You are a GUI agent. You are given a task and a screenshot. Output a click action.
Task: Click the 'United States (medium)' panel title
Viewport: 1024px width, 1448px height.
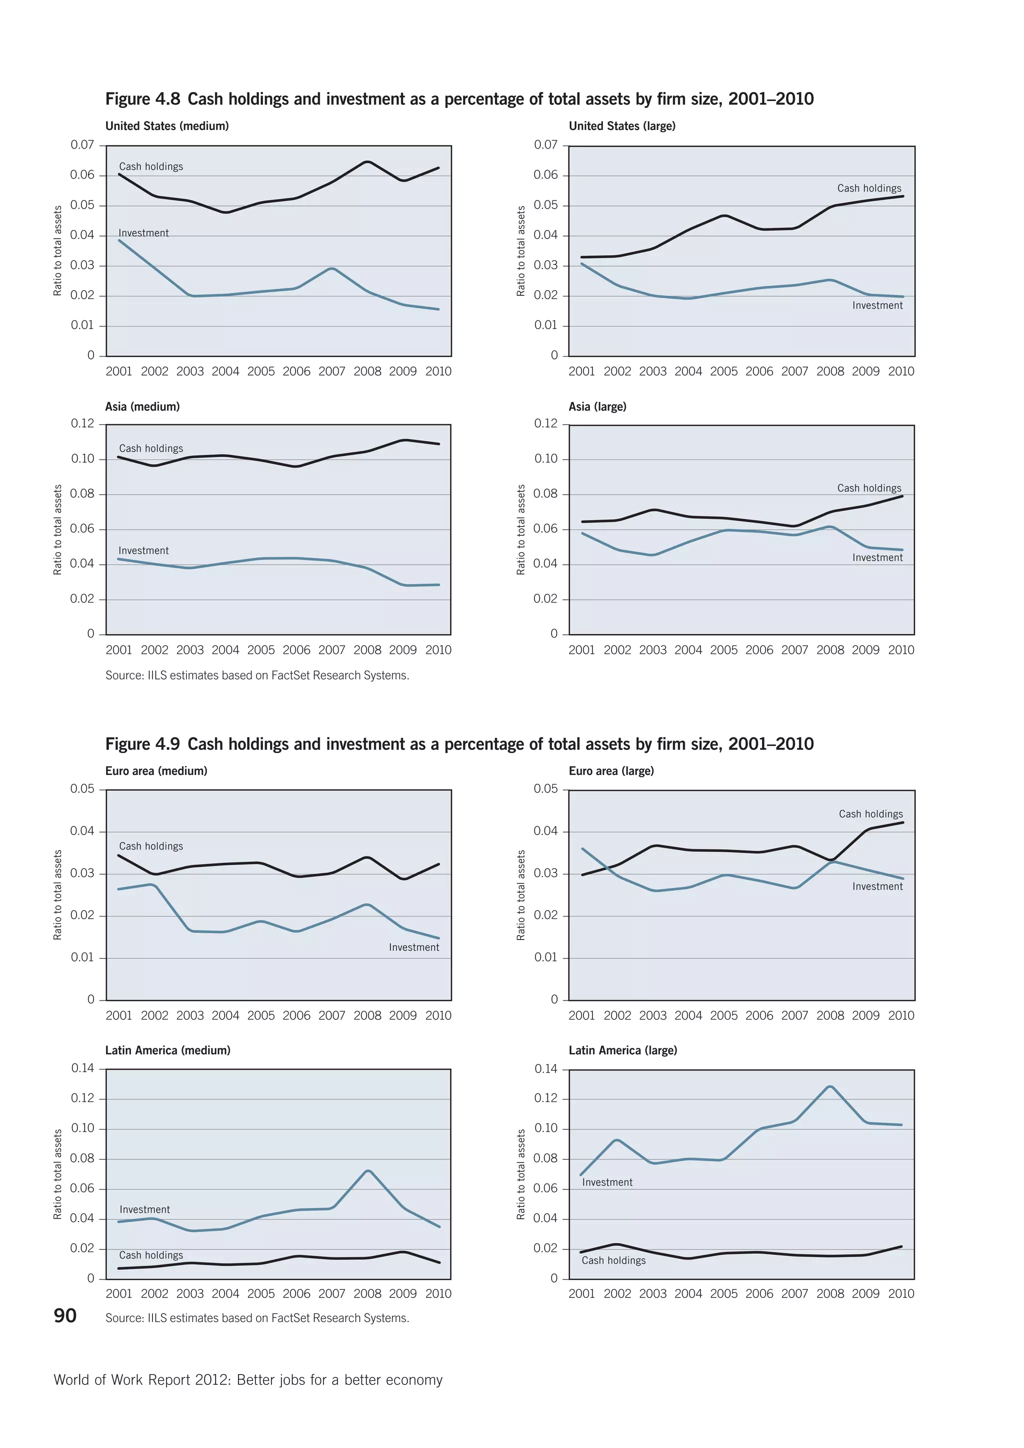pyautogui.click(x=166, y=126)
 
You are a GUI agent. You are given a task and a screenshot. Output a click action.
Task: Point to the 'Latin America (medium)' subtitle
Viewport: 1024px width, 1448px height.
pyautogui.click(x=167, y=1050)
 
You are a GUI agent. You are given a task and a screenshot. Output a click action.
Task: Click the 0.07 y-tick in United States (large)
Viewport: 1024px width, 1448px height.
pyautogui.click(x=545, y=145)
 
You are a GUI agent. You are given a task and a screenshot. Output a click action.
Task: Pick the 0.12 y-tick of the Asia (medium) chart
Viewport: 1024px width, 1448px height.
pyautogui.click(x=82, y=424)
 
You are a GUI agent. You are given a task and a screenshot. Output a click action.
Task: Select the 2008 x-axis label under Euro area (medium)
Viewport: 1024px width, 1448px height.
pyautogui.click(x=367, y=1015)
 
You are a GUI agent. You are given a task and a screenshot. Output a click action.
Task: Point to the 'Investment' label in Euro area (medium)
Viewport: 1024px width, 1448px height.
pyautogui.click(x=413, y=947)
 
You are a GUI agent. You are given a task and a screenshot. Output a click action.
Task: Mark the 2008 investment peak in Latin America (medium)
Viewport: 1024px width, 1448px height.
pyautogui.click(x=367, y=1171)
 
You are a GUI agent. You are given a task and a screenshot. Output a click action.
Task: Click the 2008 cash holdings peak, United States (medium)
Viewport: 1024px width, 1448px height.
pyautogui.click(x=367, y=162)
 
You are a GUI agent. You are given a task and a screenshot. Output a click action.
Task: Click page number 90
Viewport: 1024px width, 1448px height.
pyautogui.click(x=65, y=1315)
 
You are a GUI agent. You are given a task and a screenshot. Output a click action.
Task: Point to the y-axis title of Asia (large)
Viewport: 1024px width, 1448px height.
pyautogui.click(x=521, y=530)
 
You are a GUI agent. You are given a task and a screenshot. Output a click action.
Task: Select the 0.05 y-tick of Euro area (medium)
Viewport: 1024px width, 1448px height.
pyautogui.click(x=82, y=789)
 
